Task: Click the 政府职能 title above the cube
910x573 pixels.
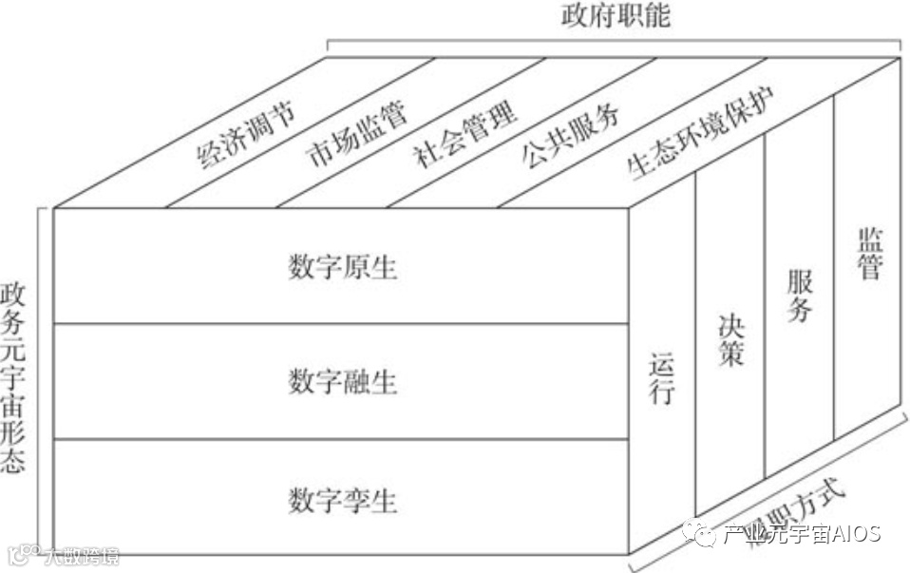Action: pyautogui.click(x=615, y=16)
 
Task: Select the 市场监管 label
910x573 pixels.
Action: pyautogui.click(x=357, y=134)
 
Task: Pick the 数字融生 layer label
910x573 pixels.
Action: pyautogui.click(x=342, y=382)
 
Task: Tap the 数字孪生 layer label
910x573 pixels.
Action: pyautogui.click(x=342, y=498)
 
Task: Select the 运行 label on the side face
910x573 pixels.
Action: pyautogui.click(x=662, y=378)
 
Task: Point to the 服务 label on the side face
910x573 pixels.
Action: pyautogui.click(x=799, y=296)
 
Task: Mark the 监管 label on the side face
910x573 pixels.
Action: pyautogui.click(x=868, y=253)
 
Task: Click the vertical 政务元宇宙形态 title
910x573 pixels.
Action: pyautogui.click(x=14, y=376)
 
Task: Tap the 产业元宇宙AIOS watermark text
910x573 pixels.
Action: pyautogui.click(x=802, y=534)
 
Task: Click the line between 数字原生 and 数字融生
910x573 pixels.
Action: pyautogui.click(x=342, y=323)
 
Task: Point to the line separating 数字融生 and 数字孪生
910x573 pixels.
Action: pyautogui.click(x=342, y=439)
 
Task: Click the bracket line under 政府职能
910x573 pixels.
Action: pyautogui.click(x=615, y=39)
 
